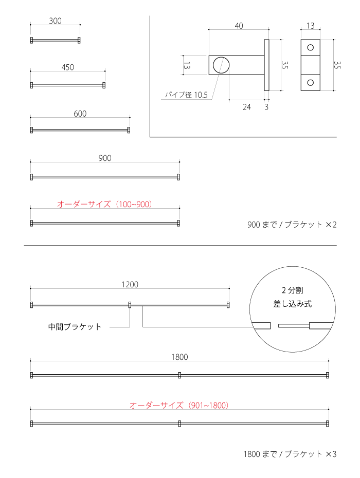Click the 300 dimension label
click(55, 21)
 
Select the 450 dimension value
click(68, 67)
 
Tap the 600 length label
click(80, 114)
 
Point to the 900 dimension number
click(105, 158)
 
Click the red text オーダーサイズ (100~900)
click(104, 204)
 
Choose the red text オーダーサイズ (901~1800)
click(179, 405)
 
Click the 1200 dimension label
click(130, 284)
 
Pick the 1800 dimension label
click(179, 357)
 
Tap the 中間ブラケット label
click(75, 327)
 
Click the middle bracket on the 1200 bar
click(130, 305)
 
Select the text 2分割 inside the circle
click(293, 290)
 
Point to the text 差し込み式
click(293, 304)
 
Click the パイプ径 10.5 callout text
click(186, 95)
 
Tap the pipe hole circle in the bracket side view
click(221, 65)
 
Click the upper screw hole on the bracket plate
click(311, 48)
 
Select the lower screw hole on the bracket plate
click(311, 83)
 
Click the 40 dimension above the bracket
click(239, 26)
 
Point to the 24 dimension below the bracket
click(247, 107)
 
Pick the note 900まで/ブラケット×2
click(292, 225)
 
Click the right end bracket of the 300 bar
click(79, 40)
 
